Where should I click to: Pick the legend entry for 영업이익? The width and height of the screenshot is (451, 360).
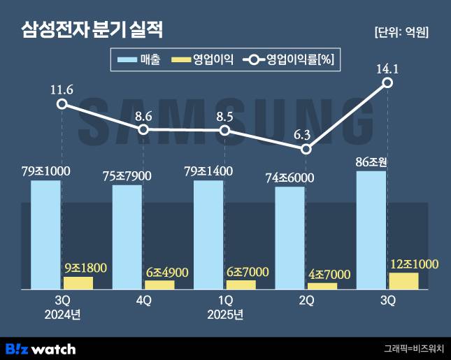203,60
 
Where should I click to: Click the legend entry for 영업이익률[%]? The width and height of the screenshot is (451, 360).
290,60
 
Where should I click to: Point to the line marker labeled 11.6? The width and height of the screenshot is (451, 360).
62,104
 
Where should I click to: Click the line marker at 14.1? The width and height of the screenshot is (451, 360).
387,83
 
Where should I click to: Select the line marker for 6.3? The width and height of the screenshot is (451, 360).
306,149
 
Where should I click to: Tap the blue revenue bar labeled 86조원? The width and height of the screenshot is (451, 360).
371,230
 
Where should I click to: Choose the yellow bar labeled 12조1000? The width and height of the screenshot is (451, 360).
403,281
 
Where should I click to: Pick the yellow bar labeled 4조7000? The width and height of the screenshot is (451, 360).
322,286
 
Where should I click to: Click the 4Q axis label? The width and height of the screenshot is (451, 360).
143,301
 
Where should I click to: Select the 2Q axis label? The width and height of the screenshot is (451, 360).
306,301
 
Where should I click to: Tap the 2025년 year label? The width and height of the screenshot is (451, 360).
224,315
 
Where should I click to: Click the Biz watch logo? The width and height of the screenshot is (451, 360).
40,348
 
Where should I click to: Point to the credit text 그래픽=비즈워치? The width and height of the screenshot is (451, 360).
413,348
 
